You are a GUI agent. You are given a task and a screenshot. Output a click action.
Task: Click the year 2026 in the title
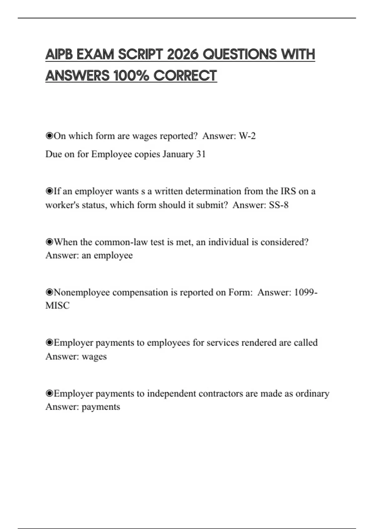click(183, 54)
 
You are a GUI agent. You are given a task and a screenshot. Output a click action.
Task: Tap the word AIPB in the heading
click(59, 54)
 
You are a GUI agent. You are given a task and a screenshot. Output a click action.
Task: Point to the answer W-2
click(247, 136)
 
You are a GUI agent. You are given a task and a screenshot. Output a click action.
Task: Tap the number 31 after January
click(201, 154)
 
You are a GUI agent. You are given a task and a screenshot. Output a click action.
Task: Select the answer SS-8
click(279, 205)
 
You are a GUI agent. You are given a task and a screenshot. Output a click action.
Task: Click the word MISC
click(57, 306)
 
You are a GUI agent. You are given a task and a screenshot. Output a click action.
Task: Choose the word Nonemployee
click(82, 293)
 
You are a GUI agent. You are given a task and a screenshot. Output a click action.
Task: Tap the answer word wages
click(94, 357)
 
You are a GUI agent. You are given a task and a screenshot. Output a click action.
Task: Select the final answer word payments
click(101, 407)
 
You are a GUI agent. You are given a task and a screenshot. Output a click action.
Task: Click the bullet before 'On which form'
click(49, 136)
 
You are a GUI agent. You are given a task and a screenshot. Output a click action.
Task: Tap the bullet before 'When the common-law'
click(49, 242)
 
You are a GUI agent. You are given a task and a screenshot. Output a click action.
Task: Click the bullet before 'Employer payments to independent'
click(49, 394)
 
